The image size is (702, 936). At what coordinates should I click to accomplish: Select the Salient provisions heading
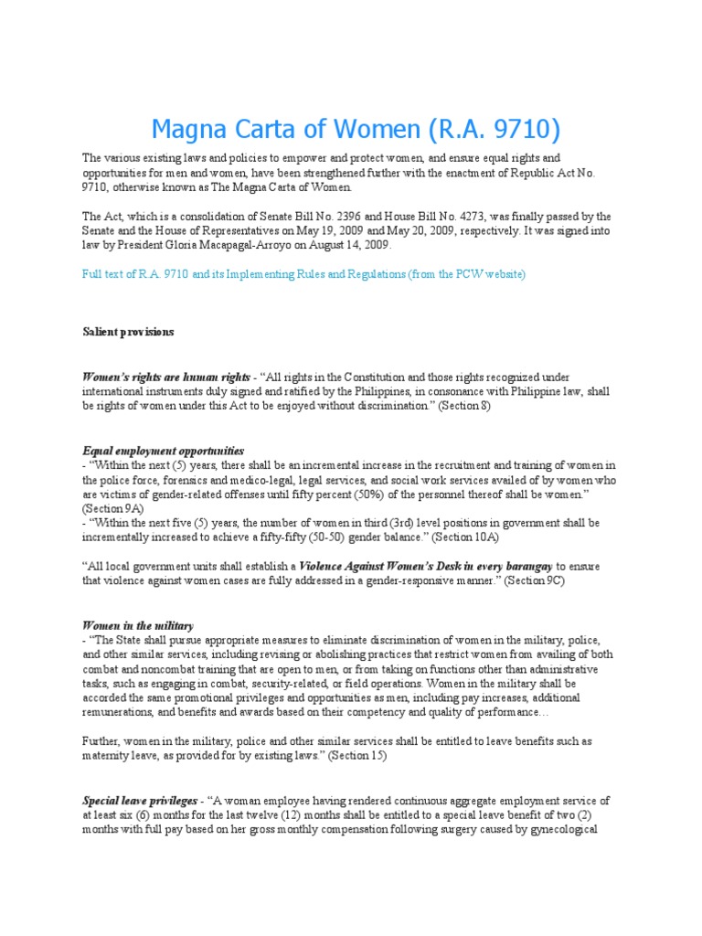[x=128, y=332]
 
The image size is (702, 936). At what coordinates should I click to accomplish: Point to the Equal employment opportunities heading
[x=164, y=451]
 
